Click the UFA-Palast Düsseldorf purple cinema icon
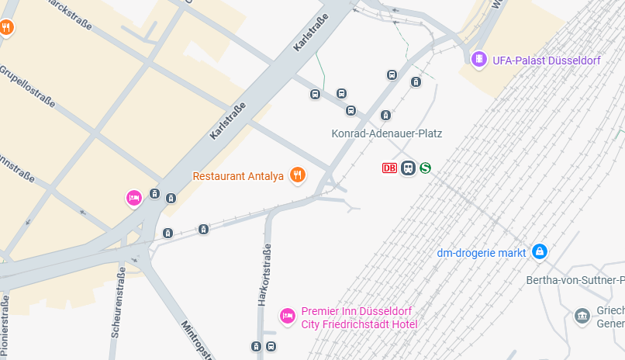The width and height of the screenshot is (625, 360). point(479,59)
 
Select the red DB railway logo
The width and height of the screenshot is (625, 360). point(389,168)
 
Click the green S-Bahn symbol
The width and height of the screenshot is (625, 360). point(425,168)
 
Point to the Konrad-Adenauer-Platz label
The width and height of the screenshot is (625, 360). point(386,133)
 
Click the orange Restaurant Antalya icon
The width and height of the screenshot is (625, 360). point(296,175)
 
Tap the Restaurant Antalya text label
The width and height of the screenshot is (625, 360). point(238,176)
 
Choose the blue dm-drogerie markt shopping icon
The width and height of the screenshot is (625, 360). point(540,251)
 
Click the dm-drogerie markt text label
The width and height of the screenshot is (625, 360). point(482,252)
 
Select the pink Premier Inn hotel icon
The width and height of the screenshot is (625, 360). point(287,316)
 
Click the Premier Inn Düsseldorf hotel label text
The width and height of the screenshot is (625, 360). point(359,317)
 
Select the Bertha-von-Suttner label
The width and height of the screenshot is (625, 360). point(575,279)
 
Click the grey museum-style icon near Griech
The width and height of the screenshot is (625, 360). point(582,316)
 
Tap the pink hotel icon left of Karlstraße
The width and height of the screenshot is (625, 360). point(133,199)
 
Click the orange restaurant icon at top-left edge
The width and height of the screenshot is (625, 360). point(6,28)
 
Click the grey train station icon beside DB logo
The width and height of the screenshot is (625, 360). point(408,168)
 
